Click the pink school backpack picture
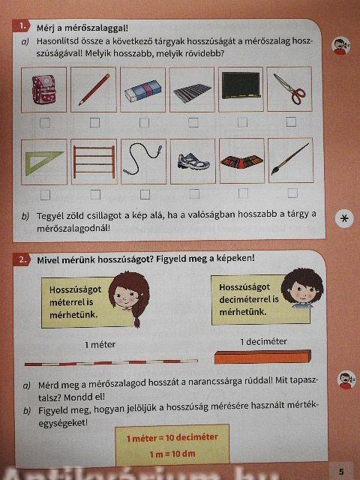[x=43, y=89]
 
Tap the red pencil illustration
[x=94, y=89]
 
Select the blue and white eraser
[x=142, y=91]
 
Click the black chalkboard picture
[x=241, y=85]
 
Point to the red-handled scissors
[x=289, y=88]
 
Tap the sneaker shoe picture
[x=193, y=161]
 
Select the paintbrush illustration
[x=290, y=159]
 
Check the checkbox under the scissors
[x=291, y=121]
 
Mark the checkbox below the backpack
[x=45, y=123]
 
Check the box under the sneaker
[x=194, y=193]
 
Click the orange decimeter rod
[x=262, y=357]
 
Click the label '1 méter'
[x=100, y=345]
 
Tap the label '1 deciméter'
[x=263, y=341]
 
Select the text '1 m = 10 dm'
[x=172, y=454]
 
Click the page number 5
[x=341, y=471]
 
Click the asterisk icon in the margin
[x=344, y=218]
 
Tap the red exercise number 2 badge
[x=22, y=259]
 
